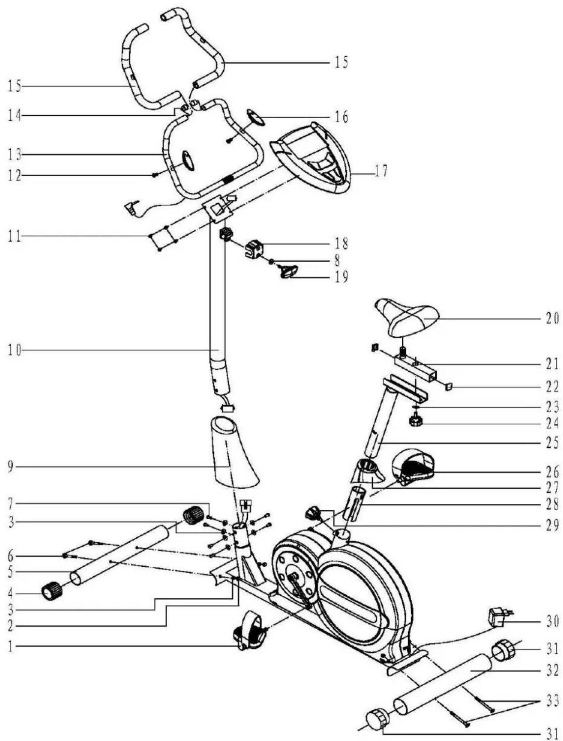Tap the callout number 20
click(x=552, y=319)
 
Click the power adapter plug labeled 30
click(x=497, y=618)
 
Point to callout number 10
click(x=14, y=350)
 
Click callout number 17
click(x=380, y=172)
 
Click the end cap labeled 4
click(x=51, y=592)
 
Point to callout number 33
click(x=552, y=701)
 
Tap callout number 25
click(x=552, y=442)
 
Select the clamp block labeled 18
click(x=255, y=249)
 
